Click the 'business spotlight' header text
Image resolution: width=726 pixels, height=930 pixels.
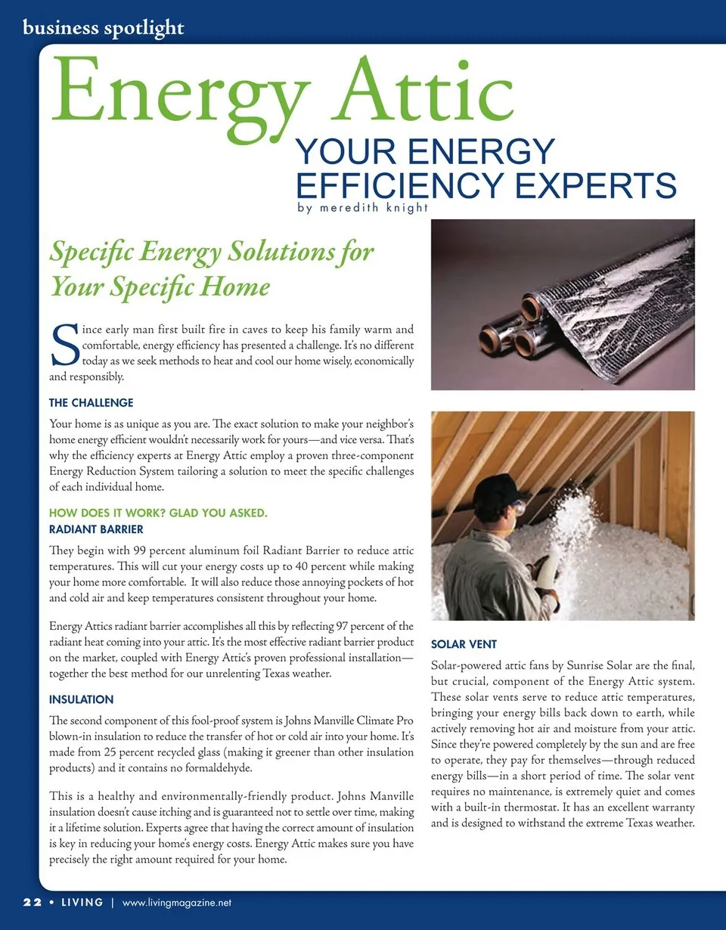pos(104,28)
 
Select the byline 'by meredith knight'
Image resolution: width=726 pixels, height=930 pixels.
pos(358,207)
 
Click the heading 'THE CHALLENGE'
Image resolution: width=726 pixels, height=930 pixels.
pos(91,403)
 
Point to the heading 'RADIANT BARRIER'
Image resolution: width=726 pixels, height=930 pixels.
pos(96,529)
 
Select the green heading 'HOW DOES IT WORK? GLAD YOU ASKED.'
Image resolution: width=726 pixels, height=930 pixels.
pos(157,514)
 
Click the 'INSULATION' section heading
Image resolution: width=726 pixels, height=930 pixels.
pos(81,699)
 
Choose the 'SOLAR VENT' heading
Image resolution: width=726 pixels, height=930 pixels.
pos(464,644)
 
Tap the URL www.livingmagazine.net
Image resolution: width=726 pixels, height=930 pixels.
pos(176,903)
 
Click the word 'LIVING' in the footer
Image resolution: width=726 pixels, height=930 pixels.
pos(82,903)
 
